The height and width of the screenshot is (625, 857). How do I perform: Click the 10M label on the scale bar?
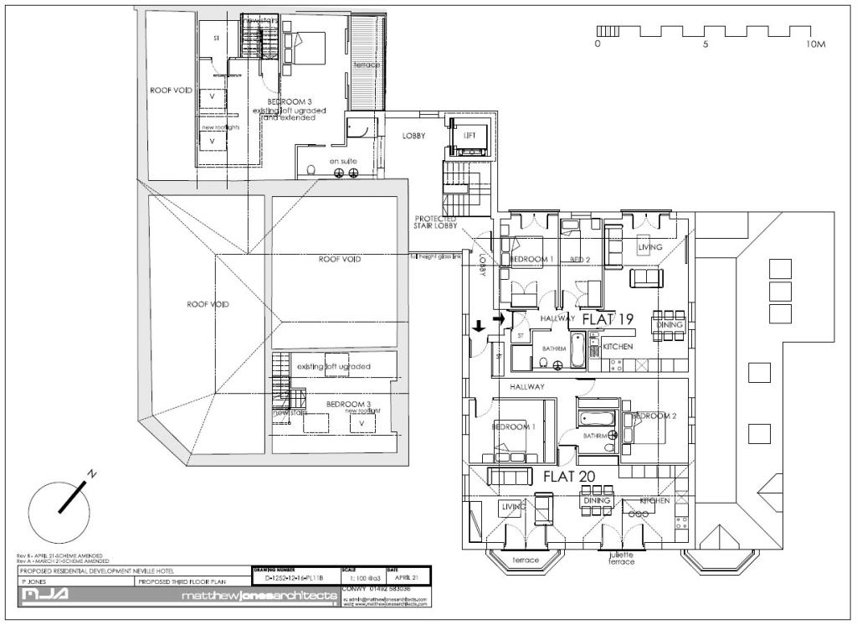(x=815, y=44)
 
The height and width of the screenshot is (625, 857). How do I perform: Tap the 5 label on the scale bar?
(x=706, y=44)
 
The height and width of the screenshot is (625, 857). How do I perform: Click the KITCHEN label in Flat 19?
(x=618, y=346)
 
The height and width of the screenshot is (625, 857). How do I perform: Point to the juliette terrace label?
(x=622, y=558)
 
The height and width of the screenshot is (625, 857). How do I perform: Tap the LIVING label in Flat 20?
(x=512, y=507)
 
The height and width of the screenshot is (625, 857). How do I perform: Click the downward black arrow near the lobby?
(x=479, y=326)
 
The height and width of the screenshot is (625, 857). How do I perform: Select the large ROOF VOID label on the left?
(x=208, y=304)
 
